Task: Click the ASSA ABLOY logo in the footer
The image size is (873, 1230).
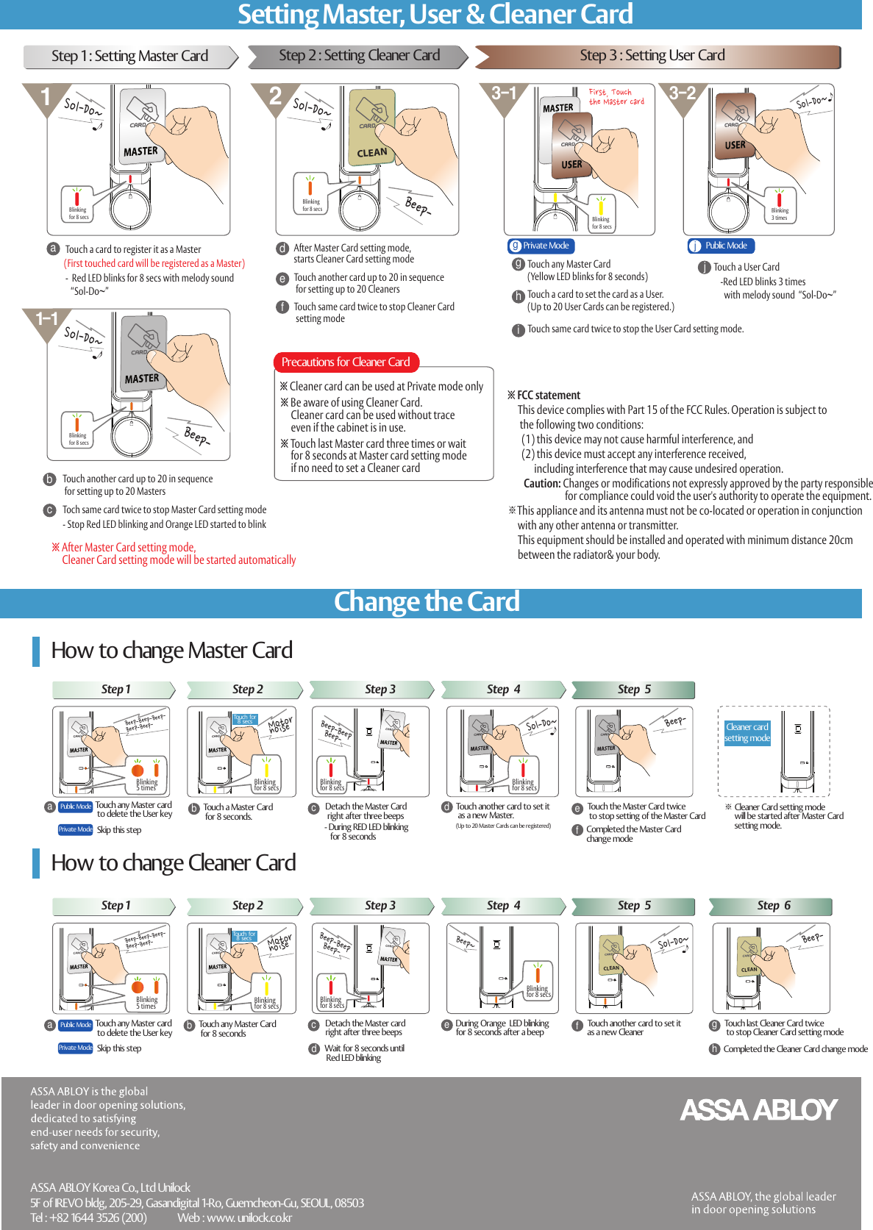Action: (x=758, y=1109)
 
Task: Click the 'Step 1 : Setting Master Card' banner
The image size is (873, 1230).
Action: (x=129, y=57)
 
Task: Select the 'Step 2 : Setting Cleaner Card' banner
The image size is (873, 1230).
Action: (x=358, y=56)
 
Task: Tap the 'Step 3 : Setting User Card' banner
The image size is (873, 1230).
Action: (x=652, y=56)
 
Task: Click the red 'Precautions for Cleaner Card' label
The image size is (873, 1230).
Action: (x=346, y=362)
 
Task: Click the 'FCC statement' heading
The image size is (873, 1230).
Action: (x=548, y=396)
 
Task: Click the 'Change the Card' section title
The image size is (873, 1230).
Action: (x=427, y=602)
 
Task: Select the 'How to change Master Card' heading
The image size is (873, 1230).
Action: (x=171, y=651)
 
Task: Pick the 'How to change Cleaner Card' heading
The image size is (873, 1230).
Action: (x=173, y=863)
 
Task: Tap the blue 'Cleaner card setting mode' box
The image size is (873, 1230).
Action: (x=746, y=732)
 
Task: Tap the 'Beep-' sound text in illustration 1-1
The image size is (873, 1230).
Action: (x=195, y=435)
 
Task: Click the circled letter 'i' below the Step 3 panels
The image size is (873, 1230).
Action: (x=519, y=330)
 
